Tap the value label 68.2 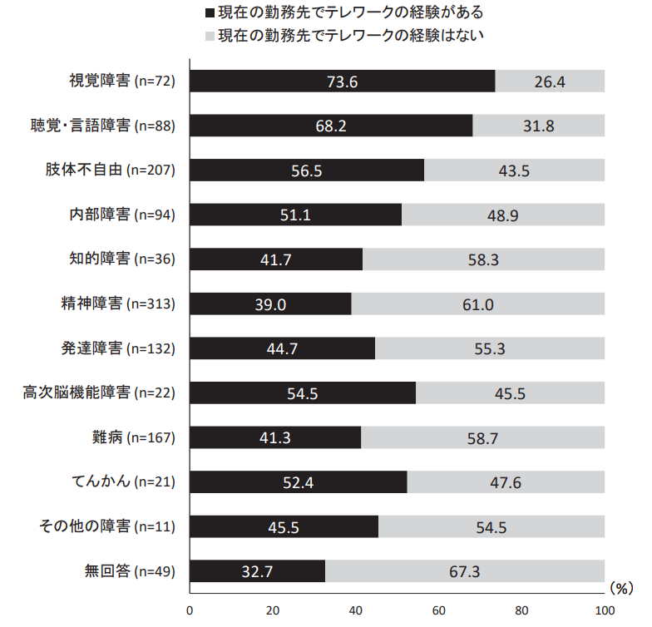click(x=331, y=126)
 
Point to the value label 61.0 click(x=478, y=304)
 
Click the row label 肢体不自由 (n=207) click(x=110, y=170)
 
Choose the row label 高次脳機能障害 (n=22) click(x=98, y=393)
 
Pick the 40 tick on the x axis click(x=356, y=610)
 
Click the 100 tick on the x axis click(x=604, y=610)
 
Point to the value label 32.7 click(x=258, y=572)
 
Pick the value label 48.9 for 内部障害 click(x=503, y=215)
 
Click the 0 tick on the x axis click(x=190, y=610)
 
